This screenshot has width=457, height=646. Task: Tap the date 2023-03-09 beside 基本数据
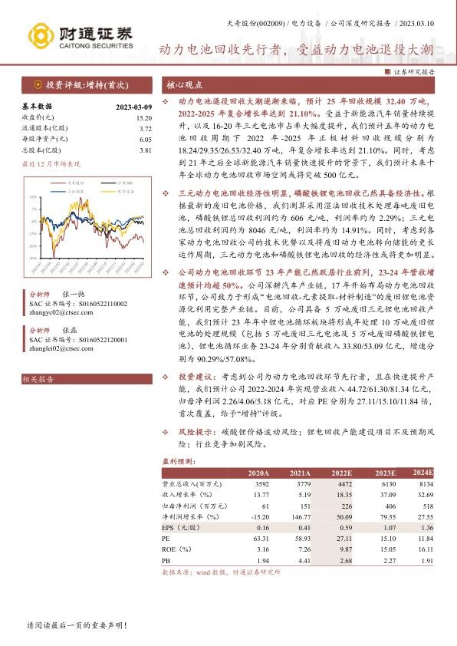(x=133, y=107)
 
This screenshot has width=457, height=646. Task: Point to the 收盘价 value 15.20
(x=143, y=118)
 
